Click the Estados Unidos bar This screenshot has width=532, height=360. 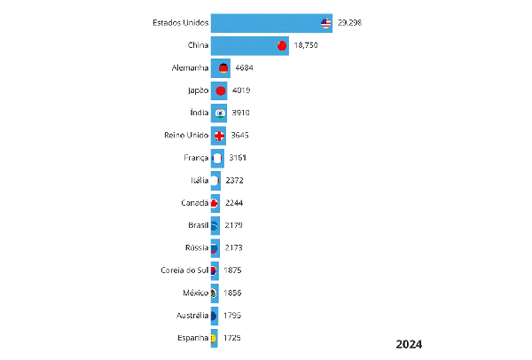(x=266, y=23)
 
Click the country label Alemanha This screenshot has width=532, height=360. (x=191, y=67)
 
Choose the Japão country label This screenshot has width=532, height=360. (x=197, y=90)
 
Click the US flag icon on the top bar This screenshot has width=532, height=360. (x=326, y=23)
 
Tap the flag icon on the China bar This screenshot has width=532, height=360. (x=282, y=46)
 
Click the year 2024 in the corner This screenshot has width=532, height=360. (x=409, y=344)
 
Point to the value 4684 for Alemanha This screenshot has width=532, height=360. (x=244, y=67)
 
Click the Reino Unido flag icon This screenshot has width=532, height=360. (x=220, y=135)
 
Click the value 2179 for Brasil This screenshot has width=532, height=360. (x=232, y=225)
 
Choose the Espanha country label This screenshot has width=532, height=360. (x=192, y=338)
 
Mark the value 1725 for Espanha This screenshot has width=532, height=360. (x=231, y=338)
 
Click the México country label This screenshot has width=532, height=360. (x=195, y=293)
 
